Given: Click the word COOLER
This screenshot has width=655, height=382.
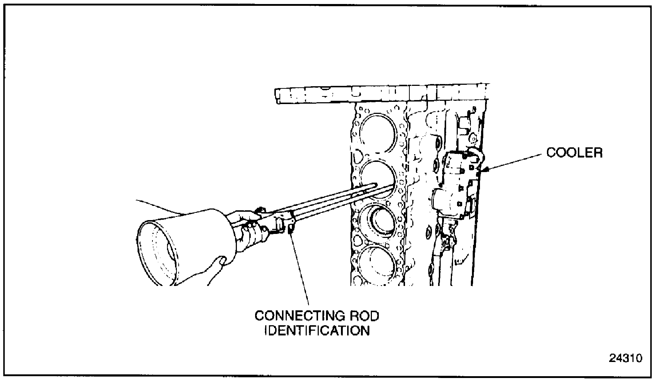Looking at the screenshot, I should [574, 152].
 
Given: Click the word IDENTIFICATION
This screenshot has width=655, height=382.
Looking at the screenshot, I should [317, 331].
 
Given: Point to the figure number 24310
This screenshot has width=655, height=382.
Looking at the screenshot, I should [626, 358].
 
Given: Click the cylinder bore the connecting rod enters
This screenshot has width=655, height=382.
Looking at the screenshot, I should [377, 178].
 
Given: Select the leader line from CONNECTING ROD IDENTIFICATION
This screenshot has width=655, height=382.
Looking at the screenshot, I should [300, 269].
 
